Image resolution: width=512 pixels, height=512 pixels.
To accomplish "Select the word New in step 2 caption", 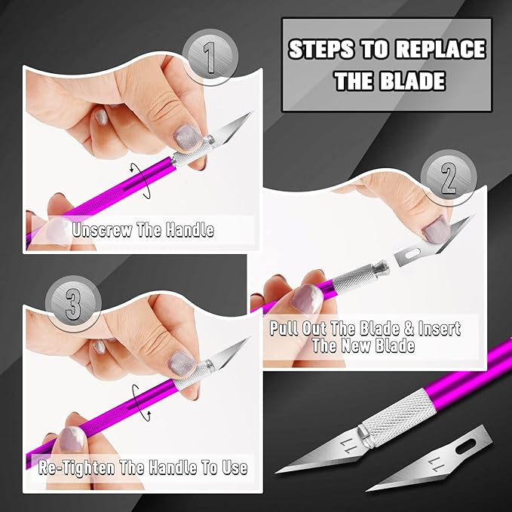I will pyautogui.click(x=373, y=346).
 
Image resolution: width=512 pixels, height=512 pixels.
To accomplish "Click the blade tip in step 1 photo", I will pyautogui.click(x=249, y=115).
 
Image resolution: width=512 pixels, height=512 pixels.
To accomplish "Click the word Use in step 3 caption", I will pyautogui.click(x=230, y=468).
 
